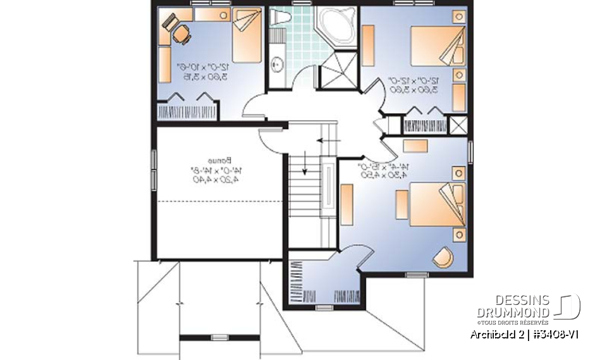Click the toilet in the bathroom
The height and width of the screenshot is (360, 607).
pyautogui.click(x=279, y=18)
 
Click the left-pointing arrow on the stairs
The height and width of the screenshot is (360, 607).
pyautogui.click(x=328, y=140)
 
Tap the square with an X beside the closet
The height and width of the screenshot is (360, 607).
pyautogui.click(x=458, y=124)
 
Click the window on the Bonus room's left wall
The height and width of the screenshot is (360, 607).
pyautogui.click(x=152, y=170)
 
